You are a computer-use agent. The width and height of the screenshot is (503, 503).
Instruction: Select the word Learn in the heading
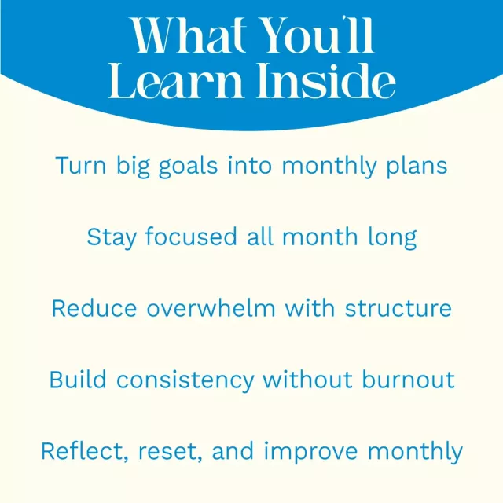175,80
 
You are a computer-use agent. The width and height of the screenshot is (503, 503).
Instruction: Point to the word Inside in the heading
326,80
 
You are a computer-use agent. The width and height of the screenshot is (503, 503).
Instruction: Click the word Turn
80,166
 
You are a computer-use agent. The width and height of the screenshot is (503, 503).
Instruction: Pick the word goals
189,166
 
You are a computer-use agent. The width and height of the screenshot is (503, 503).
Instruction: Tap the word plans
417,166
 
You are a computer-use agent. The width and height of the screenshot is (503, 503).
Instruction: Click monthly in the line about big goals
329,166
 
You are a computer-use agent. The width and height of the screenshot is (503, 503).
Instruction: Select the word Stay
112,238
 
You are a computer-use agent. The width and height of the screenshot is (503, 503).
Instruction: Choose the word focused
191,237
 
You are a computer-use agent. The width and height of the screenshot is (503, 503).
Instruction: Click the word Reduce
94,308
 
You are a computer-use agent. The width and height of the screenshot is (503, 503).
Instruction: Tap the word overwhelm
211,308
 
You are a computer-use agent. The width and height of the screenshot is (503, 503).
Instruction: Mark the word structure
398,309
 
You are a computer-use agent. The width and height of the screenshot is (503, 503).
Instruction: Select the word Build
78,380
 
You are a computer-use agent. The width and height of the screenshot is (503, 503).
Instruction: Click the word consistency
185,380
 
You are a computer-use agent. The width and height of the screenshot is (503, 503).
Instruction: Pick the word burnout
408,380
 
